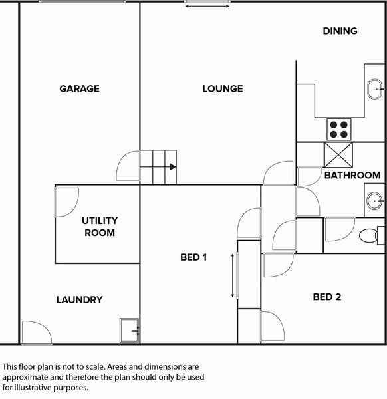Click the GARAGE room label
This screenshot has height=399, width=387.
click(79, 89)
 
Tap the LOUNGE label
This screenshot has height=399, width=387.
click(223, 89)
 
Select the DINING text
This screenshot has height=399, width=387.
click(340, 31)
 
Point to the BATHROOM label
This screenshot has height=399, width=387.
click(352, 175)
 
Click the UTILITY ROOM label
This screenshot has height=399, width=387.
click(100, 227)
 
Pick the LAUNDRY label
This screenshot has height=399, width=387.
click(79, 300)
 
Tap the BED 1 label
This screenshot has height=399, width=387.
click(193, 257)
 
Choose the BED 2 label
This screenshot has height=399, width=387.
click(327, 297)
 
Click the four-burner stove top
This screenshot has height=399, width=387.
click(339, 129)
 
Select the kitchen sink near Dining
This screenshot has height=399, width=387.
click(375, 89)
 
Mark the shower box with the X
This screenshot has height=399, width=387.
click(338, 155)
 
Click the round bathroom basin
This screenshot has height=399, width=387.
click(374, 201)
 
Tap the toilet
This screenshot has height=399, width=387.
click(372, 235)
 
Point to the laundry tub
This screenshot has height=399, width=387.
click(130, 331)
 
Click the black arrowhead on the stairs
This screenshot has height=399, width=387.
click(173, 167)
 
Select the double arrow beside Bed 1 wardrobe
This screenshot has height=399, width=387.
click(232, 275)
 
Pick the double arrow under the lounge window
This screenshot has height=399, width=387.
click(207, 6)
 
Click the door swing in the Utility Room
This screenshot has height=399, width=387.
click(67, 203)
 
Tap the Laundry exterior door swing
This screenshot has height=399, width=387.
click(37, 332)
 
